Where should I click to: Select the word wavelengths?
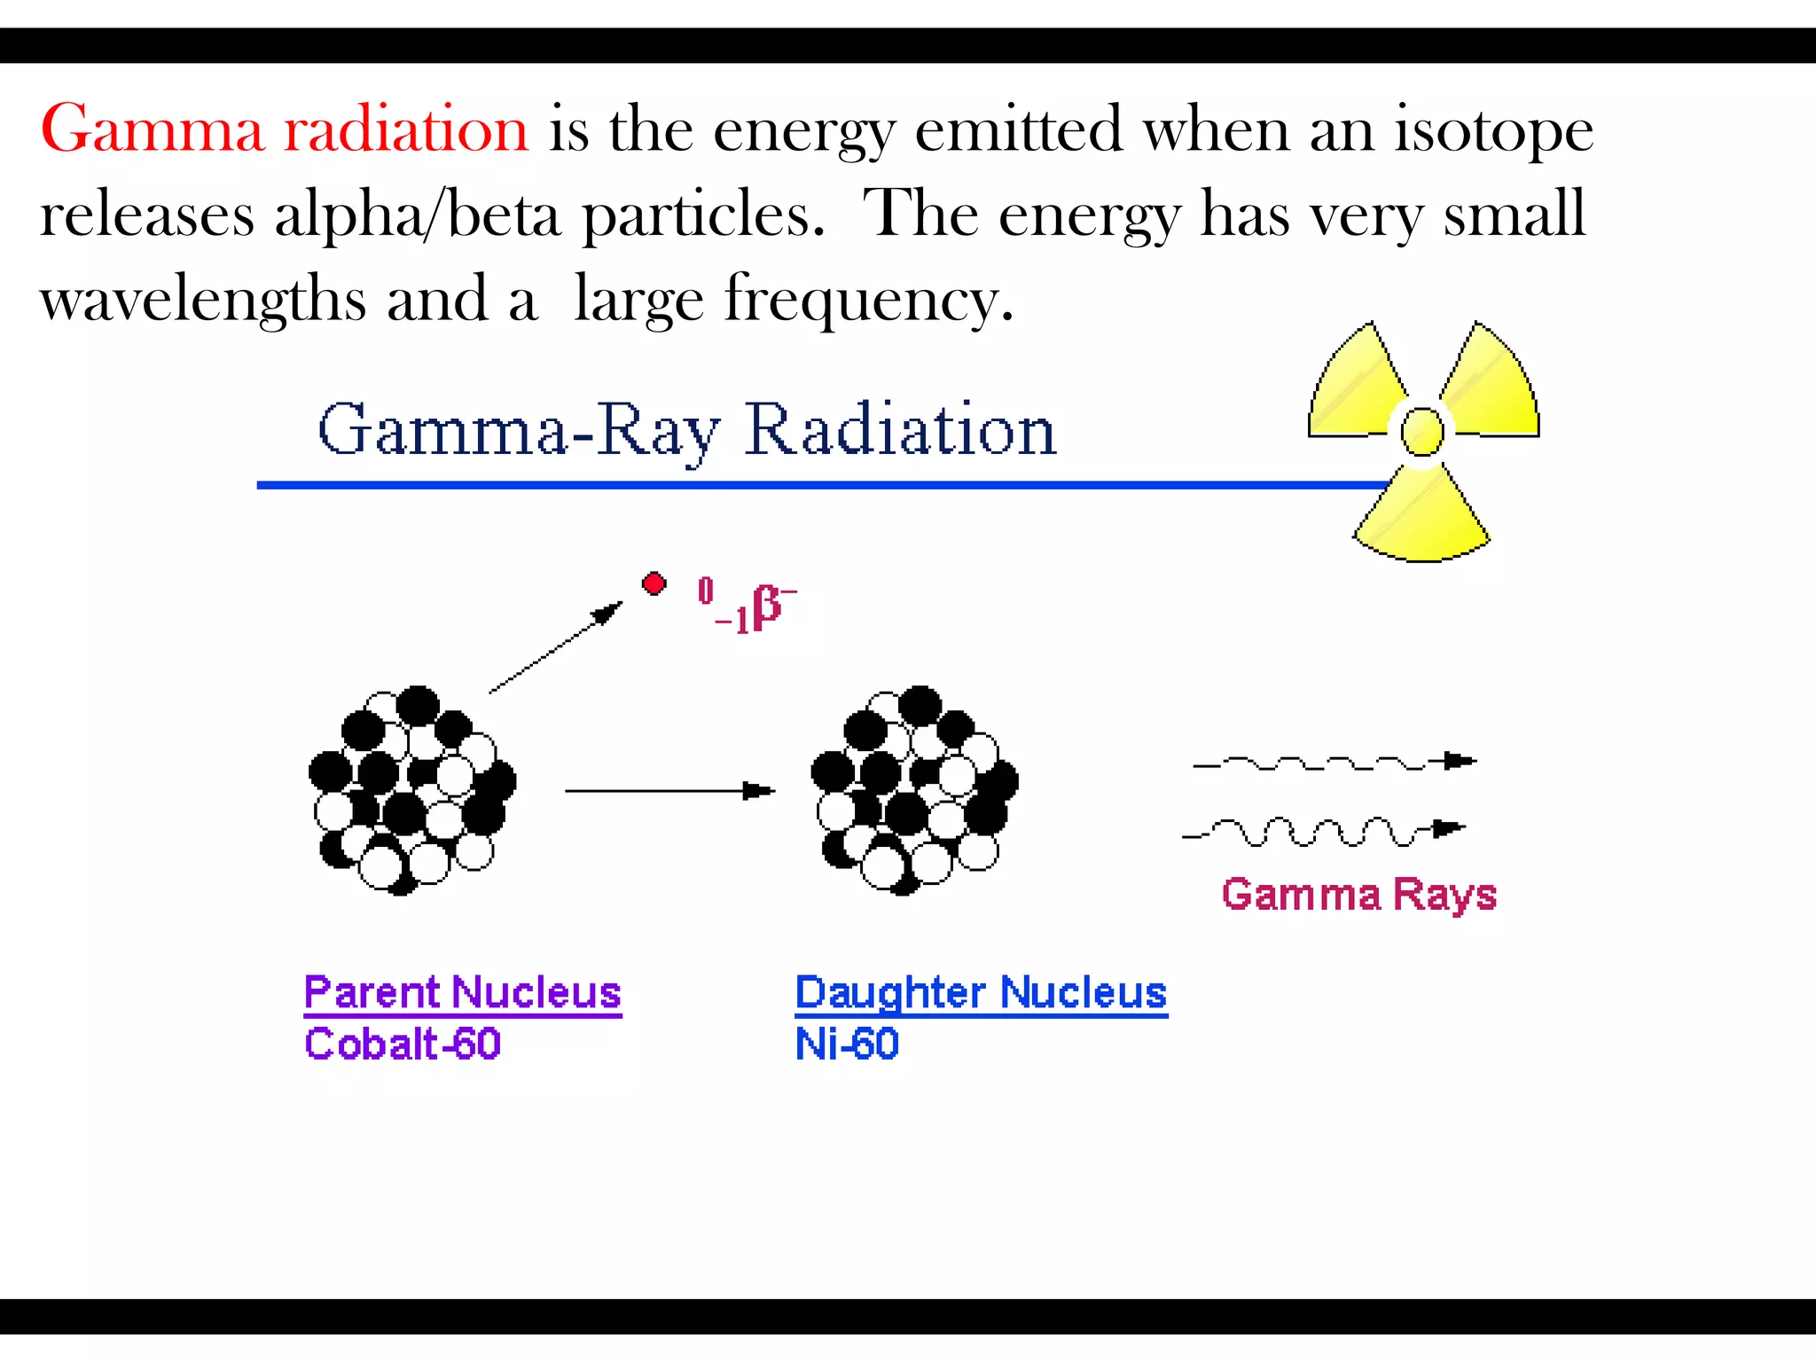(202, 300)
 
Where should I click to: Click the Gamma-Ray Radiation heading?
(687, 431)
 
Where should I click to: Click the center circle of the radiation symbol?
(1421, 431)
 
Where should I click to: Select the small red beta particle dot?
(654, 583)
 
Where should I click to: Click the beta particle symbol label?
(747, 605)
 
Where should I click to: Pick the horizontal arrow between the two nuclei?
(669, 790)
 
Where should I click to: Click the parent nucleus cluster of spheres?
(411, 789)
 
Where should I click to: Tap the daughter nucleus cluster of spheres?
(914, 789)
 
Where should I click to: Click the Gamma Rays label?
(1358, 894)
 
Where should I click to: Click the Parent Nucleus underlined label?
(462, 993)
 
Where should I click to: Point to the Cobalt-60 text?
(403, 1044)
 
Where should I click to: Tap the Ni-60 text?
(847, 1044)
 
